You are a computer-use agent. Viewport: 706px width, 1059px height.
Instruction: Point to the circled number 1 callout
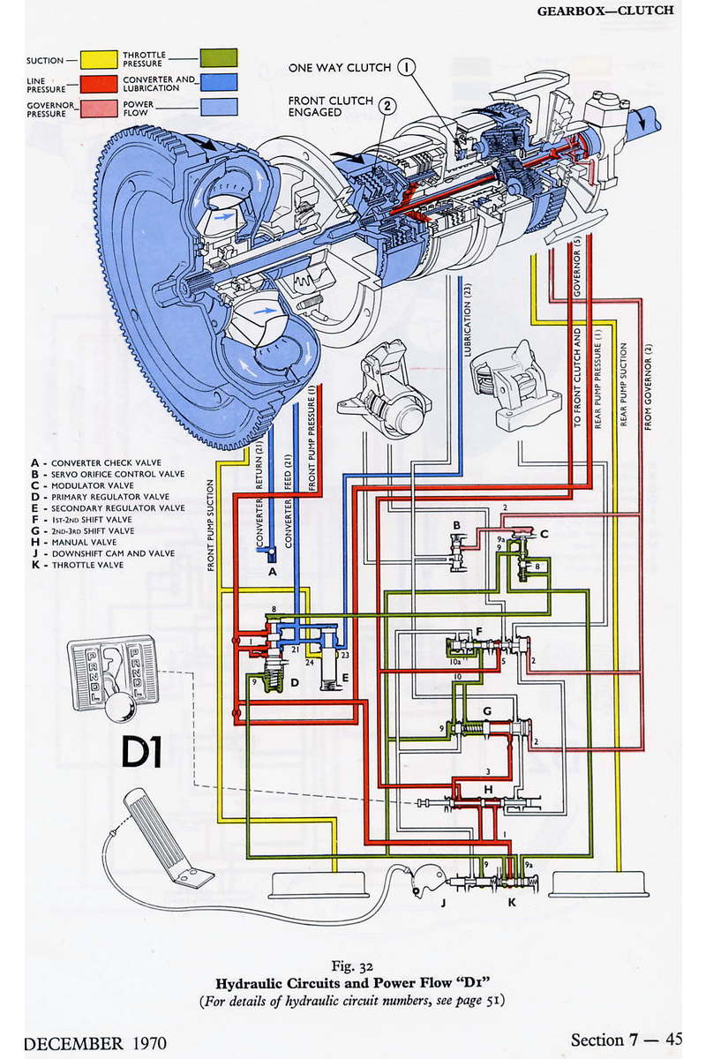406,66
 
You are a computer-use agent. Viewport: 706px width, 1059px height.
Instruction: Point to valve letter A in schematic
271,571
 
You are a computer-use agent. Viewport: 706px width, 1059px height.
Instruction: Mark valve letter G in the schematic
486,711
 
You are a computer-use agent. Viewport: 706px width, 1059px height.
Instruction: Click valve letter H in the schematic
487,788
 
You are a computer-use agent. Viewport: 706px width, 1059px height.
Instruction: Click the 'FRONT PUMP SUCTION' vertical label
212,525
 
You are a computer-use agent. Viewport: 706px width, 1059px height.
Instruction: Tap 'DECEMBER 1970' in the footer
95,1042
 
